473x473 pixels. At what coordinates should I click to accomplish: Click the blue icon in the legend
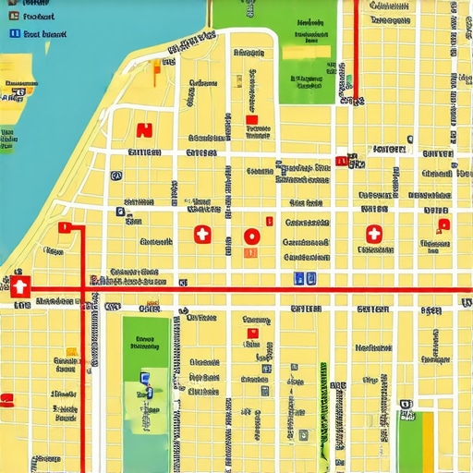pos(14,33)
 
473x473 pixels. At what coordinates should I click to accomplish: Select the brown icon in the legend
pos(14,16)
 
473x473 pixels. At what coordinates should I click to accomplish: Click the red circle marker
pos(251,236)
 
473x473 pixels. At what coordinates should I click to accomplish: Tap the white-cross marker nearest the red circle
pos(202,236)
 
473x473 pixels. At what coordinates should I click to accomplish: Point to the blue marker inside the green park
pos(144,377)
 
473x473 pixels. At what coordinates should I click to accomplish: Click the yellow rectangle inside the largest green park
pos(305,52)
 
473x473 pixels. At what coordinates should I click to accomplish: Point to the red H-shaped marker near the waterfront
pos(143,130)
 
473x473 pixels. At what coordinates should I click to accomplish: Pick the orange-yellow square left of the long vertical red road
pos(70,351)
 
